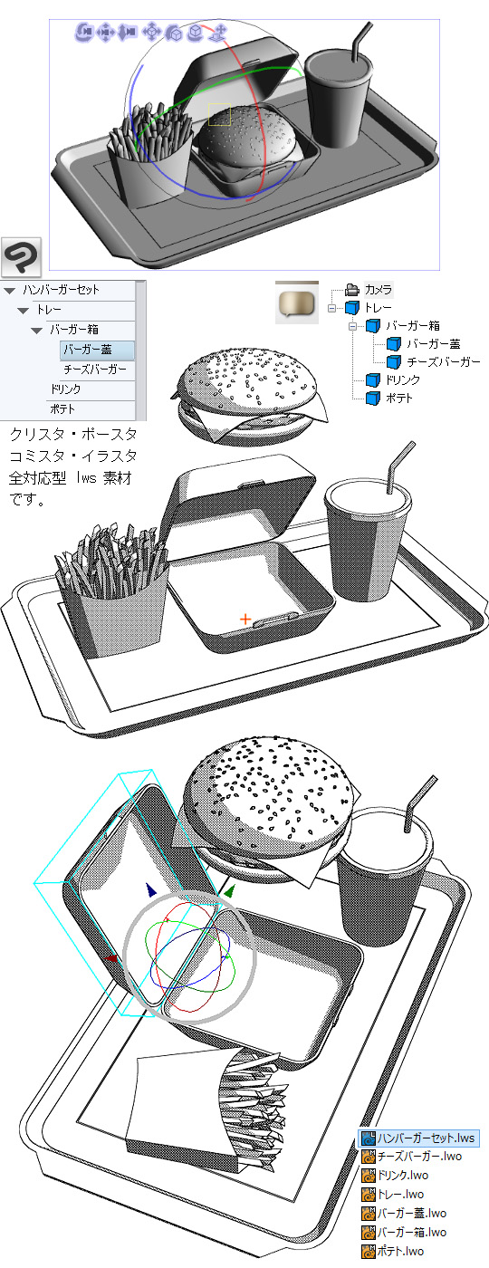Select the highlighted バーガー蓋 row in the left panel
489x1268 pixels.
(x=97, y=350)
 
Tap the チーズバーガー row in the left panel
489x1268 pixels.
(x=95, y=370)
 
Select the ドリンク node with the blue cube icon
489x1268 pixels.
(x=402, y=379)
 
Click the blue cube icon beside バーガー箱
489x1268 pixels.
(x=372, y=326)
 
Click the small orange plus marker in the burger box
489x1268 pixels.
(x=245, y=620)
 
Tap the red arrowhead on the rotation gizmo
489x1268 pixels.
(x=110, y=958)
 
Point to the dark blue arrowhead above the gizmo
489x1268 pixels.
(x=150, y=889)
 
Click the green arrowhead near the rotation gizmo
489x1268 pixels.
(x=228, y=891)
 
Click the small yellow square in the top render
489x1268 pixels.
(x=219, y=114)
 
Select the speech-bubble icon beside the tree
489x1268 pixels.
(x=297, y=303)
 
